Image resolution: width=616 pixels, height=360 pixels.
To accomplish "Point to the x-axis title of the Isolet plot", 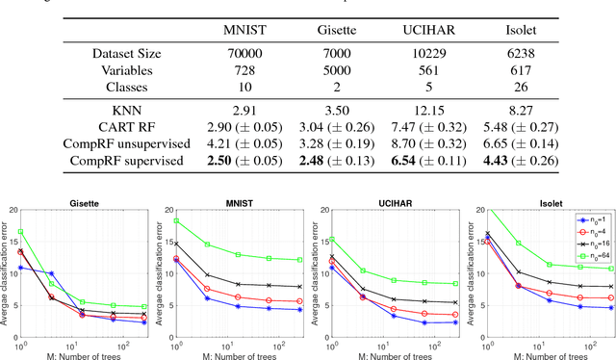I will pyautogui.click(x=544, y=355).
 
